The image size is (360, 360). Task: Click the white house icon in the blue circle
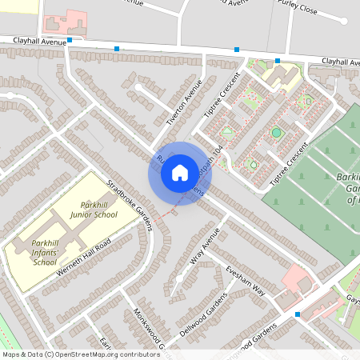[x=179, y=172]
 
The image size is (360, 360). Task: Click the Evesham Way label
[x=245, y=281]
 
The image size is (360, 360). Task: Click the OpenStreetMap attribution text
[x=80, y=354]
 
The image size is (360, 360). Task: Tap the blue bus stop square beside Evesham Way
[x=298, y=314]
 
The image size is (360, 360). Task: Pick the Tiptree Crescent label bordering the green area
[x=288, y=162]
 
